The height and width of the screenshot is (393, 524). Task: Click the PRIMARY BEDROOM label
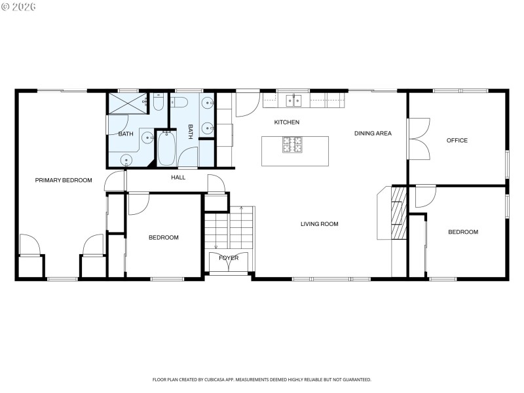coord(64,180)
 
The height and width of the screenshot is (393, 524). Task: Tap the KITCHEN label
coord(286,122)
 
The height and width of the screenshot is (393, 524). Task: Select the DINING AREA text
coord(373,134)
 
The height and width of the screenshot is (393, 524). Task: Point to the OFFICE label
coord(457,140)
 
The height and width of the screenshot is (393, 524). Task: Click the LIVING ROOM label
coord(319,224)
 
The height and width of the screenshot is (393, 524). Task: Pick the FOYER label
coord(229,258)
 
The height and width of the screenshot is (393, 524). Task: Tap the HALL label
coord(178,178)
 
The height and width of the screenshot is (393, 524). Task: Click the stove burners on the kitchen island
coord(292,144)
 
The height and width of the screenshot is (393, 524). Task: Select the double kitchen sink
coord(293,100)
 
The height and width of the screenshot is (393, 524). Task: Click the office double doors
coord(418,138)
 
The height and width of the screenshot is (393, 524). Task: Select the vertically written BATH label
coord(191,132)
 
